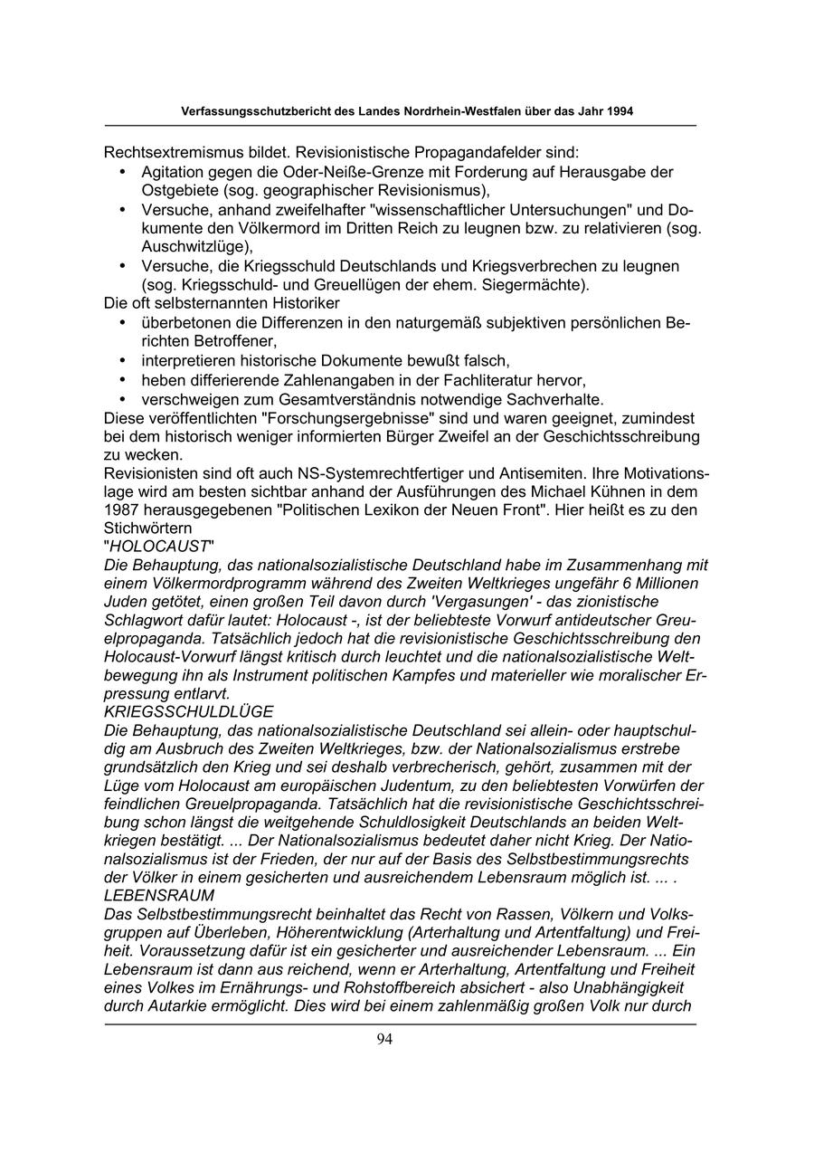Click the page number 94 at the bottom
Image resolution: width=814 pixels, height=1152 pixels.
384,1039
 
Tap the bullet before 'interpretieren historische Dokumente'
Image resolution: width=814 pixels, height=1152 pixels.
121,360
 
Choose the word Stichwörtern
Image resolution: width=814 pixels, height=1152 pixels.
146,530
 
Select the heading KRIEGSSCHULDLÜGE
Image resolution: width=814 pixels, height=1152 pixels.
189,712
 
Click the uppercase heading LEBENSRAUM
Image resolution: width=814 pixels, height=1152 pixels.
159,895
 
